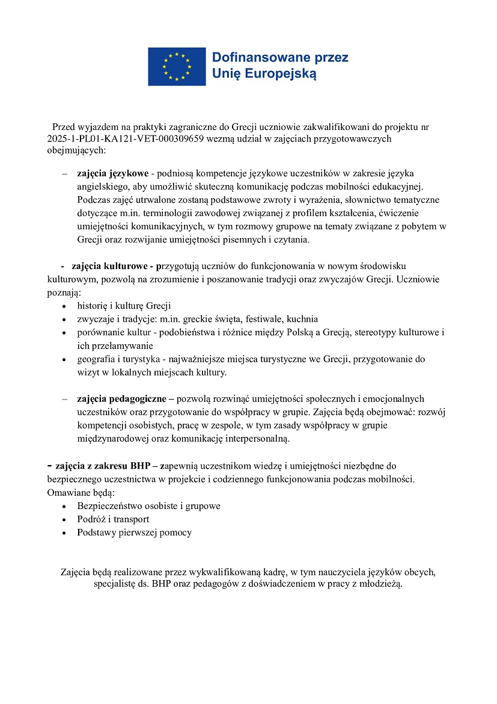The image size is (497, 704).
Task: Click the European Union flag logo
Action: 177,66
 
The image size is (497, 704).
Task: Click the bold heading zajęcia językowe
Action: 112,173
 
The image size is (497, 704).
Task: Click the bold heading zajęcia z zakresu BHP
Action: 106,465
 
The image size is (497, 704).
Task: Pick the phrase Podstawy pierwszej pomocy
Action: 134,533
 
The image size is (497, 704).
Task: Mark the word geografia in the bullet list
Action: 96,359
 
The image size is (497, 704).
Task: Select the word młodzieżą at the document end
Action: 380,584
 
